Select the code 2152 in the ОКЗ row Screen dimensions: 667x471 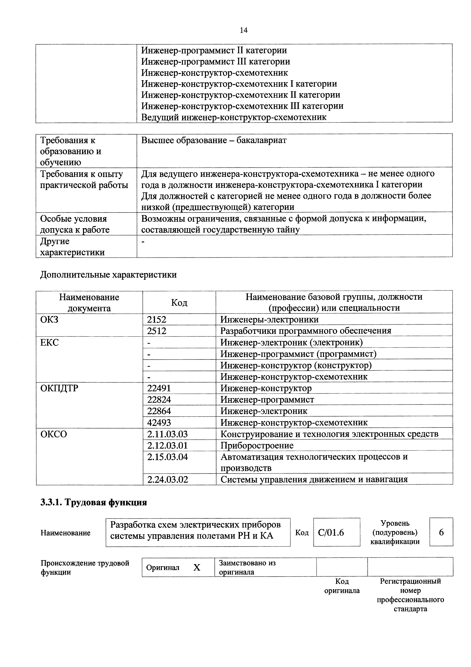[156, 320]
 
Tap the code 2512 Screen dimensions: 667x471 [156, 331]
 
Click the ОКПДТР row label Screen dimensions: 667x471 [59, 388]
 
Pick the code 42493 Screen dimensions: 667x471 [159, 422]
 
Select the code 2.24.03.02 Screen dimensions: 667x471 [168, 479]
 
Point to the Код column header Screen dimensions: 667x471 [179, 303]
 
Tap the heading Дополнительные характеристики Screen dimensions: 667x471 [108, 275]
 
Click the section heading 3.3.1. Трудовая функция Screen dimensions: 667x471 [93, 502]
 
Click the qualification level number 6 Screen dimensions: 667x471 [441, 532]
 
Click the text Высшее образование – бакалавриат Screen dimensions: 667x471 [214, 140]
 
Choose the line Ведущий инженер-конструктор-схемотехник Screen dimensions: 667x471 [234, 117]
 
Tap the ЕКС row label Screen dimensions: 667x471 [49, 342]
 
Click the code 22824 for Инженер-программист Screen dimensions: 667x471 [159, 400]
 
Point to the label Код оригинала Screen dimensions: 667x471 [342, 586]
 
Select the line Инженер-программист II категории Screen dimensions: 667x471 [214, 50]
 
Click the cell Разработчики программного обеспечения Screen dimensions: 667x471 [306, 331]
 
